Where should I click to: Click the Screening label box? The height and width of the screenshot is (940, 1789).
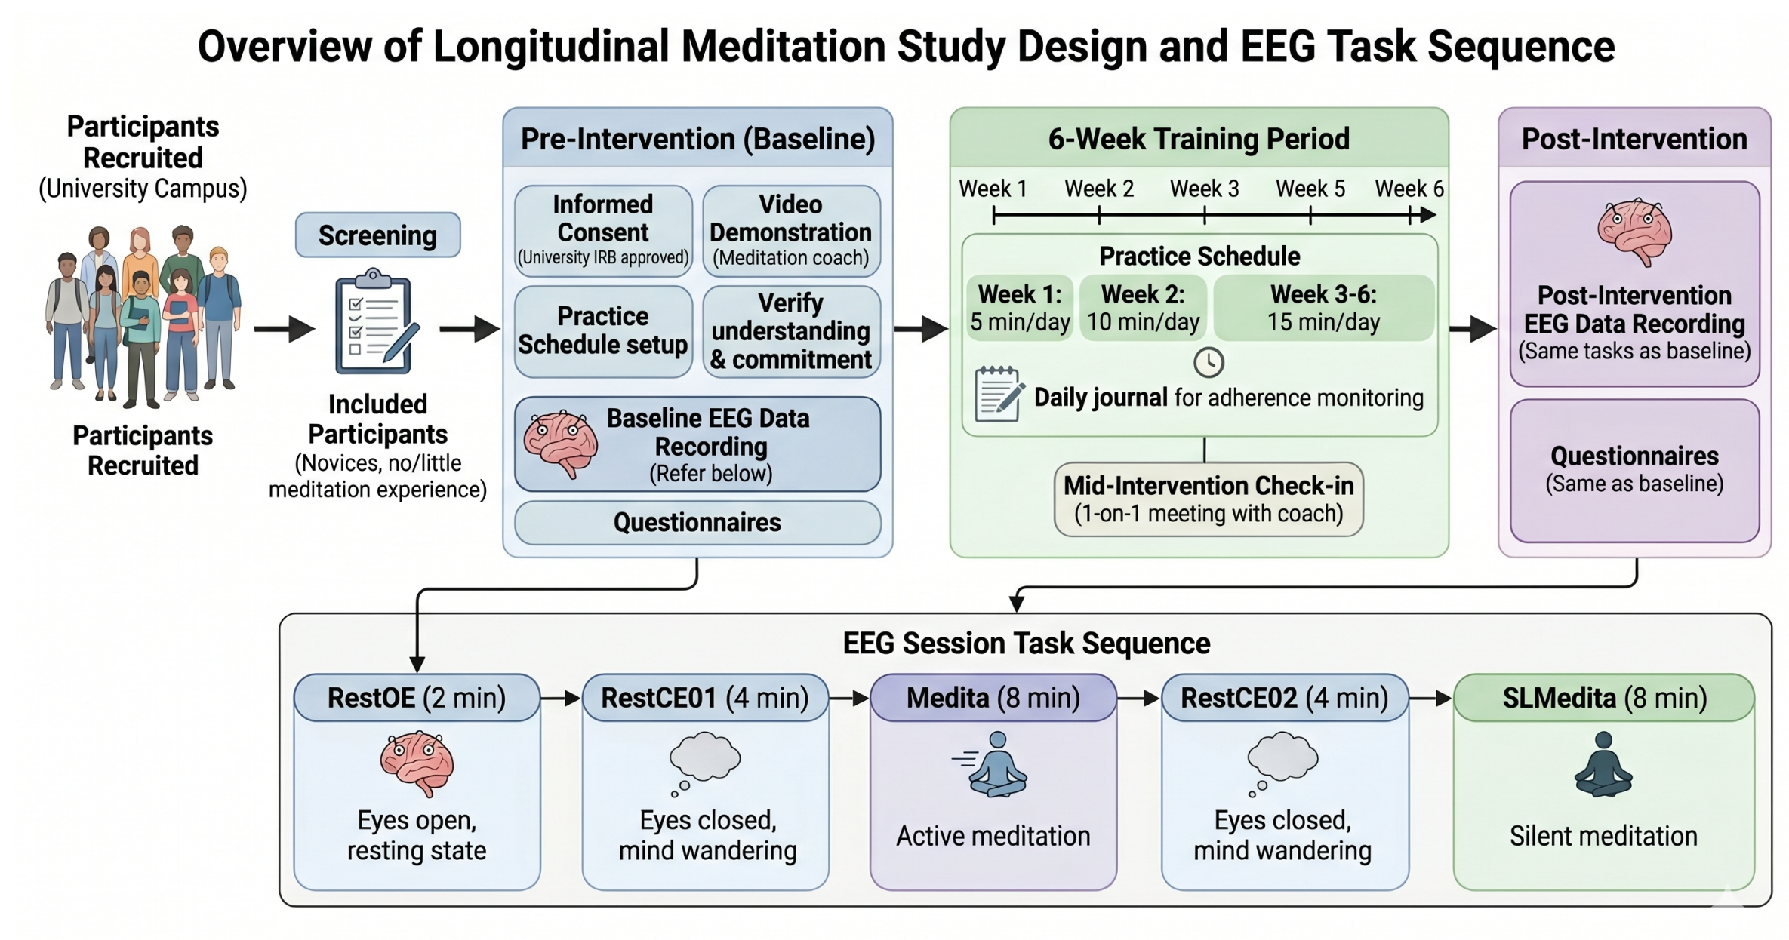tap(377, 235)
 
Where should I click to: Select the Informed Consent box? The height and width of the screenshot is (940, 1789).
tap(603, 231)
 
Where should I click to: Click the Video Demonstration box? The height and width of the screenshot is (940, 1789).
tap(791, 231)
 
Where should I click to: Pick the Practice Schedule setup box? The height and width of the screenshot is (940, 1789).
tap(603, 331)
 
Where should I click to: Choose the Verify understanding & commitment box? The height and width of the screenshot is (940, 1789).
tap(791, 331)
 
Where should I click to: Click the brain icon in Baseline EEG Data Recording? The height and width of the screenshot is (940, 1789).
tap(561, 444)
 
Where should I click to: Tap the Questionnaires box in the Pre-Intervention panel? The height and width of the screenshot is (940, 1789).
tap(697, 522)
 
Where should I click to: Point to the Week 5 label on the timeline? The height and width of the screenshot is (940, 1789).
tap(1310, 189)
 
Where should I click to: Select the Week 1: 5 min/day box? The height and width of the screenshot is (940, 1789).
tap(1020, 308)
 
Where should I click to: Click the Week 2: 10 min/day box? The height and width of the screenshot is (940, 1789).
tap(1143, 308)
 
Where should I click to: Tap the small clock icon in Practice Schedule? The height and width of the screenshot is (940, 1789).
tap(1209, 363)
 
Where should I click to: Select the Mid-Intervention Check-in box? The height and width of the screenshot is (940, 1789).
tap(1209, 499)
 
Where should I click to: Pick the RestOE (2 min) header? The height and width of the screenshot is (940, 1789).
tap(417, 698)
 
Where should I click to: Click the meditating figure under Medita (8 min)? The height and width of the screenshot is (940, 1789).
tap(993, 764)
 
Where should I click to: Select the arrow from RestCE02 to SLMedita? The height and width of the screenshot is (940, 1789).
tap(1431, 699)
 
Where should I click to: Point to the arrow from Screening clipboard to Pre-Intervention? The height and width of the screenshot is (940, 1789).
tap(470, 329)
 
